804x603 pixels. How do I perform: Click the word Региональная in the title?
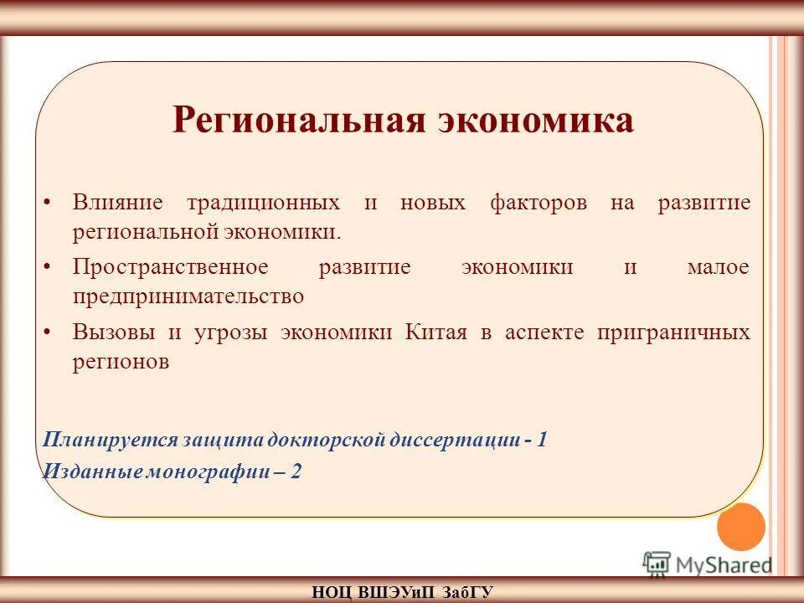(x=298, y=121)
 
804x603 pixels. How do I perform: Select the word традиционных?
(x=263, y=204)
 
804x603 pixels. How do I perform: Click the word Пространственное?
(x=170, y=267)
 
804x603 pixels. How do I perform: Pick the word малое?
(x=718, y=267)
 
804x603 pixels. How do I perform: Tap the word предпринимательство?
(x=188, y=296)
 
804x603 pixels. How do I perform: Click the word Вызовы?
(x=113, y=332)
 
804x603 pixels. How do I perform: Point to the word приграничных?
(x=673, y=332)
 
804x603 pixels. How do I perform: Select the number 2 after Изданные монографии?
(x=296, y=472)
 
